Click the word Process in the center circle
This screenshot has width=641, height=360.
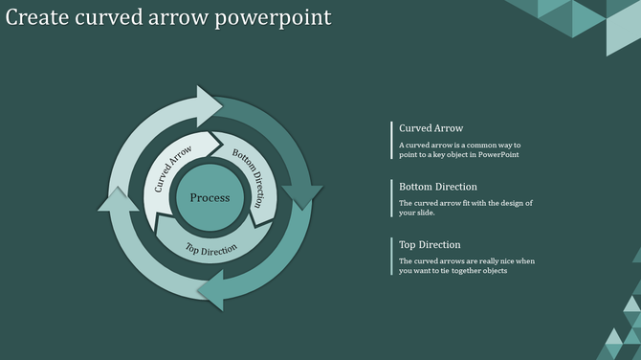(210, 198)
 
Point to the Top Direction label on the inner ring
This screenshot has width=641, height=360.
(211, 250)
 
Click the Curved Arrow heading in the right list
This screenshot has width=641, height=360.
(431, 128)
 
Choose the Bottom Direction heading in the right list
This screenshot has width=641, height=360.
(437, 187)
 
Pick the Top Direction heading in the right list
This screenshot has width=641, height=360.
(430, 244)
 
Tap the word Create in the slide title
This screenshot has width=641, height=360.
(37, 17)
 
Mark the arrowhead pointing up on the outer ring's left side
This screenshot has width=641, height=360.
(117, 200)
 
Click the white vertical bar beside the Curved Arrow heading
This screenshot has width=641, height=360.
(392, 140)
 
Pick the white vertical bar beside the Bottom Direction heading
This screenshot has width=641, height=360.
(392, 198)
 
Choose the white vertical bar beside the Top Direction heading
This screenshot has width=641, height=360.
(392, 257)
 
